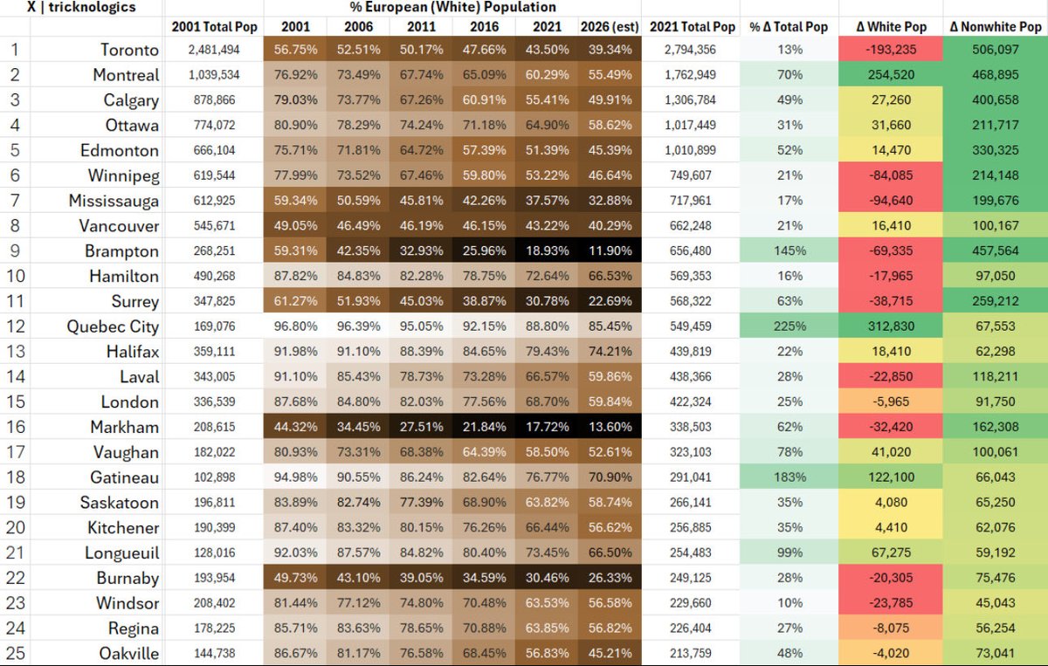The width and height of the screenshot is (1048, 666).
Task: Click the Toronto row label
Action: pos(129,50)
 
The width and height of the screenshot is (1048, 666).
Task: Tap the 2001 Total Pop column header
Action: pos(215,27)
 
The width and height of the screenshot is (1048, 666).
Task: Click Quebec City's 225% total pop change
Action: pos(789,326)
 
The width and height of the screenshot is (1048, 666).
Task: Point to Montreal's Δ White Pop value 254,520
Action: pos(891,75)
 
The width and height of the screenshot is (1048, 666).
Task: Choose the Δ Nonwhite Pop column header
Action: pos(995,27)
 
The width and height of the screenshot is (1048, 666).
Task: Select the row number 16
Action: pos(14,427)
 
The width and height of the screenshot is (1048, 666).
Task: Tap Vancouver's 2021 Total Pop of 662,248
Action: pos(690,225)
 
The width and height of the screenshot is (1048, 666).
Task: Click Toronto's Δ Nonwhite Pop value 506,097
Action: pos(995,50)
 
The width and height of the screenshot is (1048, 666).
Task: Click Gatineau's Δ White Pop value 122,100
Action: pos(891,477)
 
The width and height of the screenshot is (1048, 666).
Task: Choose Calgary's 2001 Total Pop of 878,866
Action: pos(215,100)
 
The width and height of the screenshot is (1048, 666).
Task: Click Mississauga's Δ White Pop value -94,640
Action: pos(891,201)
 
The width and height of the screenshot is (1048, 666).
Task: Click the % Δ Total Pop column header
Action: pos(789,27)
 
